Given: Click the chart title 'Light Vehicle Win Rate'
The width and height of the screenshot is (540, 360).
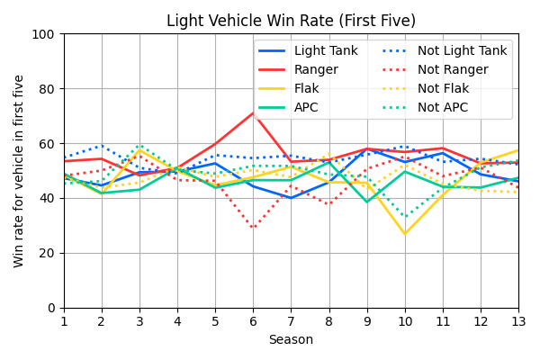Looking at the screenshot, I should click(291, 20).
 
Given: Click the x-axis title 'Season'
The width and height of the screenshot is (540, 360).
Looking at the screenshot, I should click(291, 340).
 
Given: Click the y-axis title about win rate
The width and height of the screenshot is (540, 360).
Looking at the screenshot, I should click(19, 171).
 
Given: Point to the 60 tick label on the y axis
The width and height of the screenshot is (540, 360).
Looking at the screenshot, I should click(49, 144).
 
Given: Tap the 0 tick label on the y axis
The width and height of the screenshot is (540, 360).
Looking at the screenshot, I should click(52, 308).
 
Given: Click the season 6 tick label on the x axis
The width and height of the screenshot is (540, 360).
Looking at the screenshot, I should click(253, 320).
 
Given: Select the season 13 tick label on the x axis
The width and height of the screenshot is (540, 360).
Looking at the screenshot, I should click(518, 320).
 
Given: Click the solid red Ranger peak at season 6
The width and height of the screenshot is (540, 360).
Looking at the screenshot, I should click(253, 112).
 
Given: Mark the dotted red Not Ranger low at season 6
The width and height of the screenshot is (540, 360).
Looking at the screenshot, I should click(253, 229).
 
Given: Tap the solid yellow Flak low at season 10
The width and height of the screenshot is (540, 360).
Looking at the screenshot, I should click(405, 234).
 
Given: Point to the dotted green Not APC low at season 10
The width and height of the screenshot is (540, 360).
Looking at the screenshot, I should click(405, 217).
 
